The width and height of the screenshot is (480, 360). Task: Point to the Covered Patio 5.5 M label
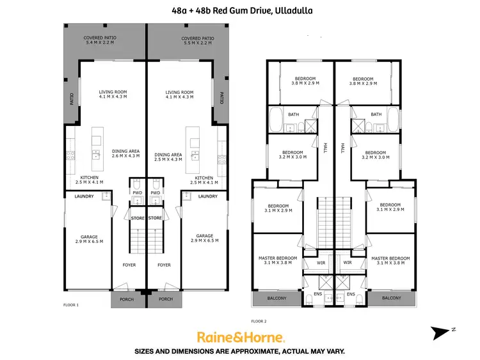197,40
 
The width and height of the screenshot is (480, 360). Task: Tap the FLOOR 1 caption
70,305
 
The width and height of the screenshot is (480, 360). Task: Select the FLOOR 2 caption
259,320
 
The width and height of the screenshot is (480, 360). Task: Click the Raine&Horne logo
240,336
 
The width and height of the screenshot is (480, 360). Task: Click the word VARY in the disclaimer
335,351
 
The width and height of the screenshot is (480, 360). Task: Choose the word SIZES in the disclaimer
147,351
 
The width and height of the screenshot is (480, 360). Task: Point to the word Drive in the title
253,10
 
